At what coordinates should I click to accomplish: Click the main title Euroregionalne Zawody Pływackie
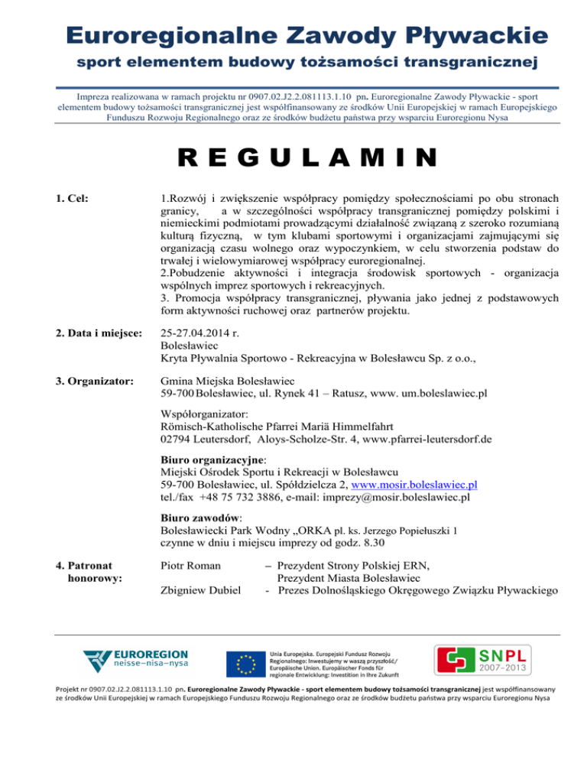pos(293,35)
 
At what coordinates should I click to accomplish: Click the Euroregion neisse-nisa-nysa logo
pos(135,662)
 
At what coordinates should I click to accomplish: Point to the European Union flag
pos(245,662)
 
